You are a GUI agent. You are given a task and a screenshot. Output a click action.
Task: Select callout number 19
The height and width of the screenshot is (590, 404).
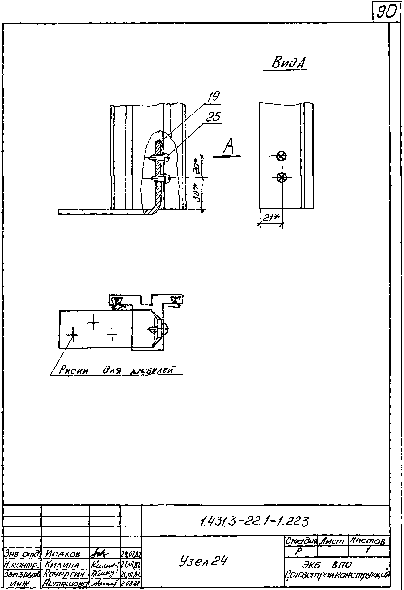(x=214, y=97)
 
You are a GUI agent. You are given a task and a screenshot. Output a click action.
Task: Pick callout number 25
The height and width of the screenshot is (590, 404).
(x=213, y=117)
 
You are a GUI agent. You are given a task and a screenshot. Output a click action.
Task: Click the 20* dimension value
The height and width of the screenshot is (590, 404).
(x=197, y=166)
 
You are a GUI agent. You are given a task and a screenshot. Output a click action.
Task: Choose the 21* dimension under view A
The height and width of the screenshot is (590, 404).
(x=271, y=218)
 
